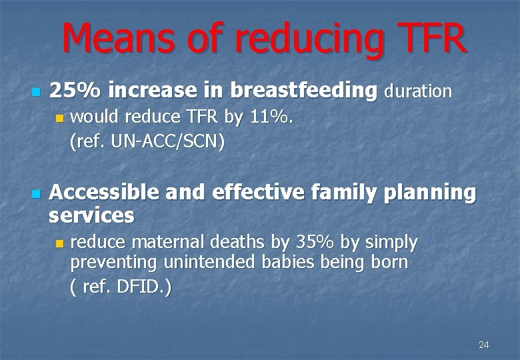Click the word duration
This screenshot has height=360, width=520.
[x=418, y=91]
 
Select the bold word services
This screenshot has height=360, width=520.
[x=92, y=215]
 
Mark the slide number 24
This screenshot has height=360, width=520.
[x=483, y=345]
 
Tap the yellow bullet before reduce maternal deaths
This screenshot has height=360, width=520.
[x=59, y=243]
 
